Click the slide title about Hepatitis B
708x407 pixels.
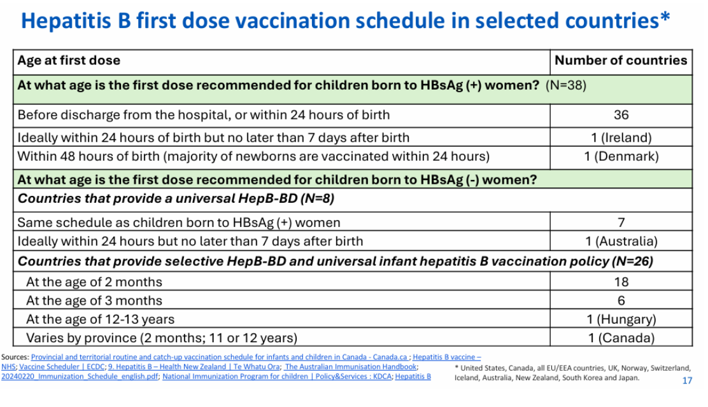click(346, 21)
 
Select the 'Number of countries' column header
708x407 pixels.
click(621, 60)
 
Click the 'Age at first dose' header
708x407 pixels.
click(69, 60)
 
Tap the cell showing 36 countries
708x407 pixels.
click(621, 114)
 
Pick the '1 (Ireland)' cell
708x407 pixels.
click(621, 137)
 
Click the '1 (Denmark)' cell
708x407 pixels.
click(621, 156)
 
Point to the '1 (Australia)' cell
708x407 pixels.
click(621, 241)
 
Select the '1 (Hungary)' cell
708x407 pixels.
click(621, 319)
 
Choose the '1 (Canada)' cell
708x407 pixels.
click(621, 338)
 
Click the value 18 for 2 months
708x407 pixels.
click(621, 282)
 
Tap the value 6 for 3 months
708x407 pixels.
click(621, 301)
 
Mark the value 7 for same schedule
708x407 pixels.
click(621, 223)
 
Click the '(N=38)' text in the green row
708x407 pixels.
click(566, 85)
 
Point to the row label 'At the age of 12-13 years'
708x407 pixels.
click(100, 319)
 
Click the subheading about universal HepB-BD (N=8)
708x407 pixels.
click(176, 198)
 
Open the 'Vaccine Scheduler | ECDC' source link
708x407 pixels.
click(62, 367)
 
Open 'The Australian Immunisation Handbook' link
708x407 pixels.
click(350, 367)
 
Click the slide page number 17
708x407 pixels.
click(687, 381)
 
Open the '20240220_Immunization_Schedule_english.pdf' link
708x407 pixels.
click(80, 376)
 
